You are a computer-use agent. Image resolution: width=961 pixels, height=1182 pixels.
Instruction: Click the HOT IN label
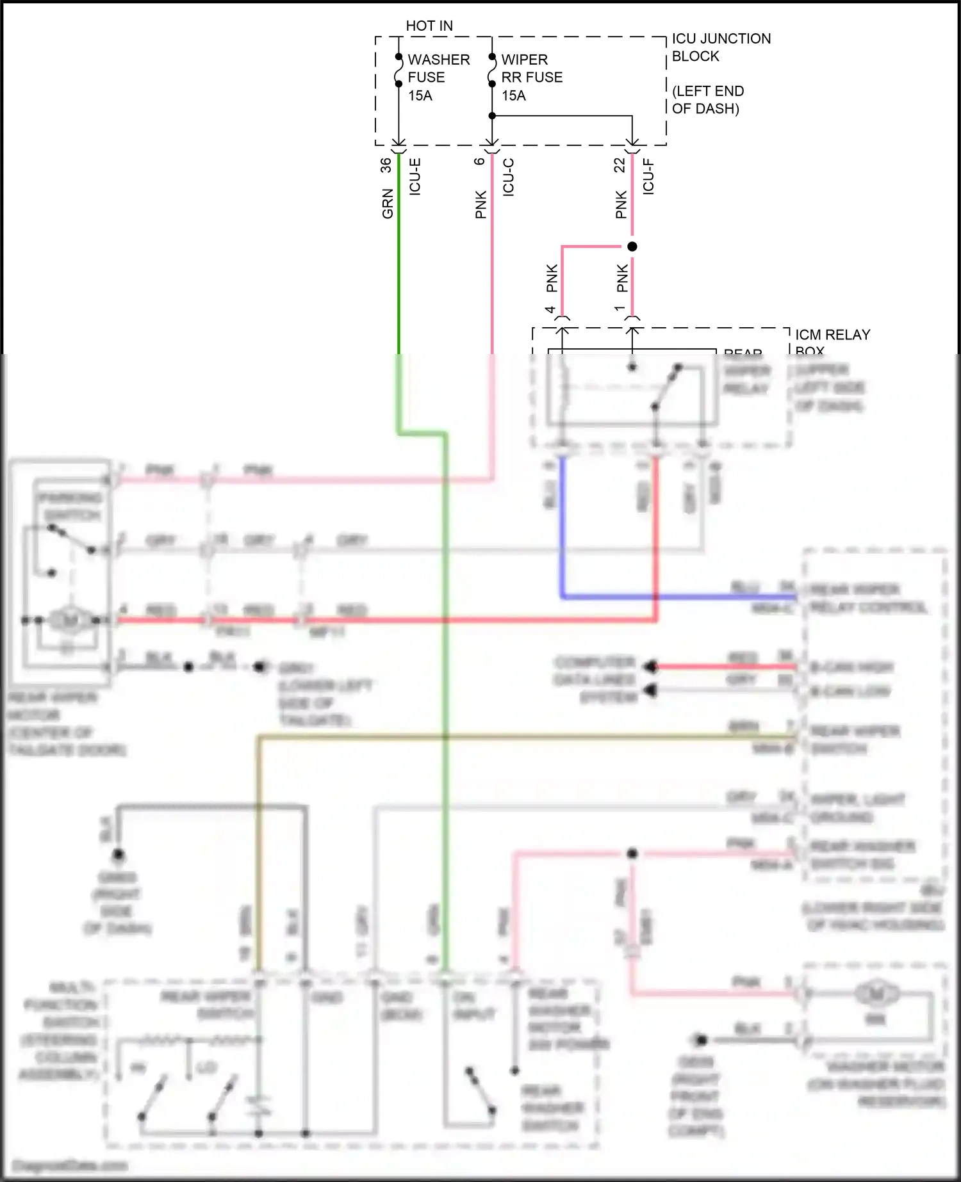[x=429, y=26]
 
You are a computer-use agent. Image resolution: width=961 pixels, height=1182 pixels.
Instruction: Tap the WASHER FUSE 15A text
[x=438, y=77]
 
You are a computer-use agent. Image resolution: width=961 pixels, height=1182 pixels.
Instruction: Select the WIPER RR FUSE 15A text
[x=531, y=77]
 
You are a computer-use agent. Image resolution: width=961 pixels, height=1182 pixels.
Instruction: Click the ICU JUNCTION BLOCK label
[x=721, y=47]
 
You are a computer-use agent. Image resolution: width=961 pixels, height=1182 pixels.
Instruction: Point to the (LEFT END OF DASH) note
[x=707, y=100]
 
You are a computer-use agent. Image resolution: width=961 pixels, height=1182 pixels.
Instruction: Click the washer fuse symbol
[x=398, y=70]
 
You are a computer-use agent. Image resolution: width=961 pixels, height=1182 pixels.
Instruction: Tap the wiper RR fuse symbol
[x=492, y=70]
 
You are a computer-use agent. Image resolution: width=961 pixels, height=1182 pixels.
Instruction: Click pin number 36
[x=386, y=165]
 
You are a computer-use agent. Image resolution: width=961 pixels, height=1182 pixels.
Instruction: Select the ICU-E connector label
[x=415, y=177]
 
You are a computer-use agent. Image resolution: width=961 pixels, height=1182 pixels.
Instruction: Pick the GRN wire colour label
[x=388, y=204]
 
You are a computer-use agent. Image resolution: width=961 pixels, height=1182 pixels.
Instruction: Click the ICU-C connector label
[x=509, y=177]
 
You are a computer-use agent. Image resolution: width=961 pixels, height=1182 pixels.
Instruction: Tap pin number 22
[x=620, y=165]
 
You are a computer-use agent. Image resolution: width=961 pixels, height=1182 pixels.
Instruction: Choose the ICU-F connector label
[x=648, y=177]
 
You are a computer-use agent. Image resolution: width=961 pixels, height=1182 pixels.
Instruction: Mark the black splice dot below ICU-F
[x=632, y=247]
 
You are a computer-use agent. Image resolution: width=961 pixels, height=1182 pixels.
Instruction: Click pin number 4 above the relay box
[x=550, y=310]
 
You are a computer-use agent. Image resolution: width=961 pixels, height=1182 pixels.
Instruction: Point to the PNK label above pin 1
[x=622, y=279]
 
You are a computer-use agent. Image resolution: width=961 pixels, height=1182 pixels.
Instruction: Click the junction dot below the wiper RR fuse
[x=492, y=116]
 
